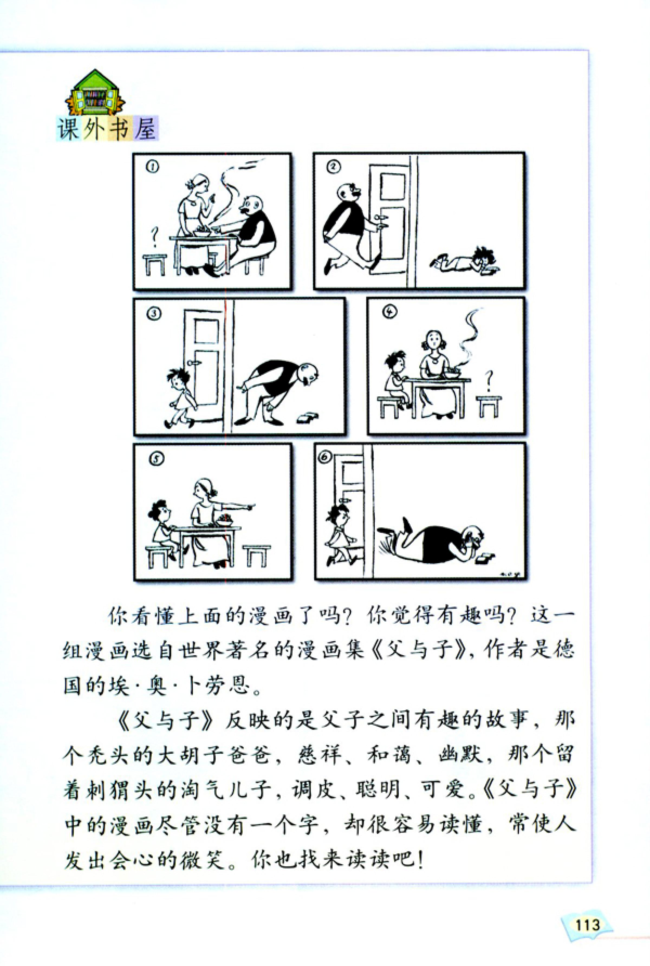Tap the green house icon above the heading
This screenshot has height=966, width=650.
click(95, 93)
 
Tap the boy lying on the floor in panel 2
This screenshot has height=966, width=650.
click(466, 260)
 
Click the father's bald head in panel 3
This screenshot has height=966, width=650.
click(308, 374)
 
